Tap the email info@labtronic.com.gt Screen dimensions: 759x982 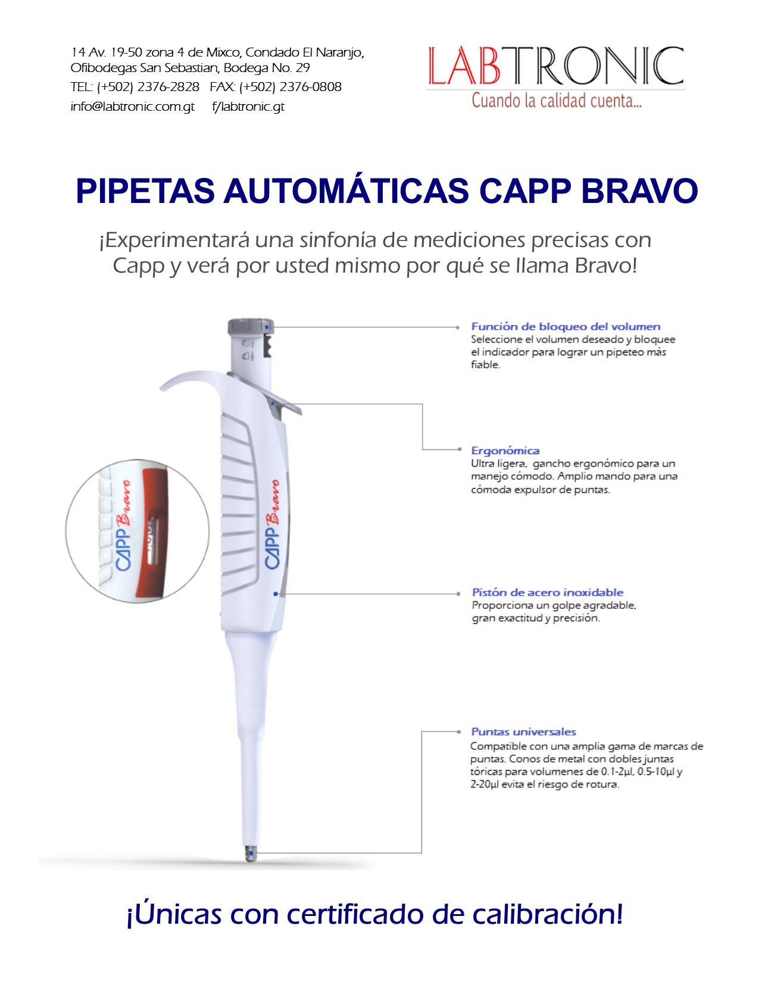coord(132,107)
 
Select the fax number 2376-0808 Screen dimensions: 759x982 coord(312,87)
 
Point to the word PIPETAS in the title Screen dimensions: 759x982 coord(145,191)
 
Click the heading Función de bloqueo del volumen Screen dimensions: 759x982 coord(566,326)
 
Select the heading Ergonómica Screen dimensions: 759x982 coord(505,451)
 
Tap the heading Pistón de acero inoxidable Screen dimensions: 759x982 coord(548,592)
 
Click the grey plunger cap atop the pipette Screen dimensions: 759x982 coord(251,327)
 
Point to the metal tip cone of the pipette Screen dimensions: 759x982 coord(251,853)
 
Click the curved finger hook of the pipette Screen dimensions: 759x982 coord(195,380)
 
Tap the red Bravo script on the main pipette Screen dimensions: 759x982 coord(273,502)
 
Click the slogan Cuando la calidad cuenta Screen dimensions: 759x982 coord(557,101)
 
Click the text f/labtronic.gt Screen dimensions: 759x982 coord(248,107)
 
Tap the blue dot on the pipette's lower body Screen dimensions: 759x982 coord(276,594)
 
